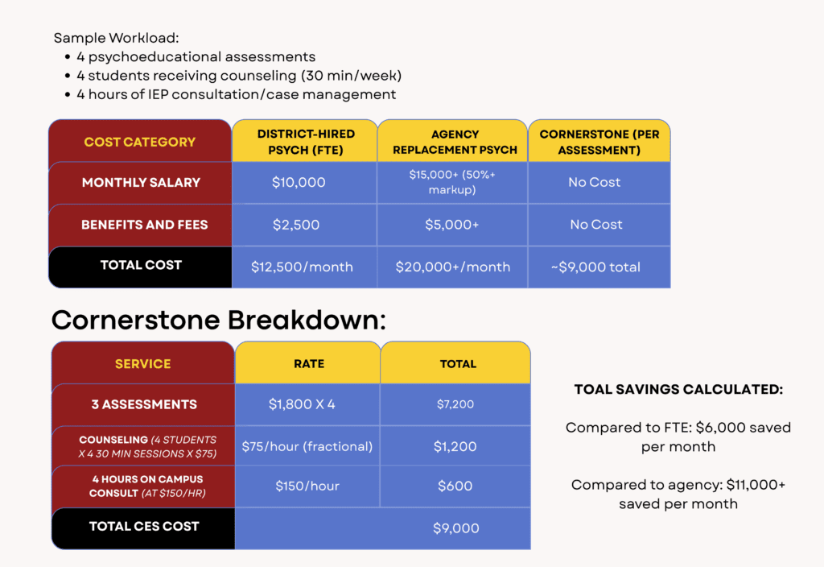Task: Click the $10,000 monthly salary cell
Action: (x=299, y=183)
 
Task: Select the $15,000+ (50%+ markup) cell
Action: (x=452, y=182)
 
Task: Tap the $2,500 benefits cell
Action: (x=296, y=226)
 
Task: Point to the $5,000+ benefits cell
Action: (x=452, y=226)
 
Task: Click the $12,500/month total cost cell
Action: (x=303, y=267)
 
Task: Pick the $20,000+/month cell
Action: (x=452, y=267)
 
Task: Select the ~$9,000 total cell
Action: (x=596, y=267)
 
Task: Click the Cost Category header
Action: (x=140, y=142)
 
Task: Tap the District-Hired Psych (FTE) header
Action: (x=305, y=142)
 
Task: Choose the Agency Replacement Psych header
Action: (x=455, y=142)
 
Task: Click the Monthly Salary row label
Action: (x=141, y=183)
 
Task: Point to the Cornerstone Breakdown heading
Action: (x=219, y=320)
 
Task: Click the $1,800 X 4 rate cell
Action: (x=302, y=404)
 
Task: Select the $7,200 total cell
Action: (x=455, y=404)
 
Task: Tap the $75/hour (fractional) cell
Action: (x=307, y=446)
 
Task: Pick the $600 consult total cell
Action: (x=455, y=486)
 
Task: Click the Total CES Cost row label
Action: (x=144, y=527)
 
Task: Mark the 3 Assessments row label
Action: (x=144, y=404)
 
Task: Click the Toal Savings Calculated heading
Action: (x=678, y=389)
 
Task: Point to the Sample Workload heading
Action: (x=116, y=38)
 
